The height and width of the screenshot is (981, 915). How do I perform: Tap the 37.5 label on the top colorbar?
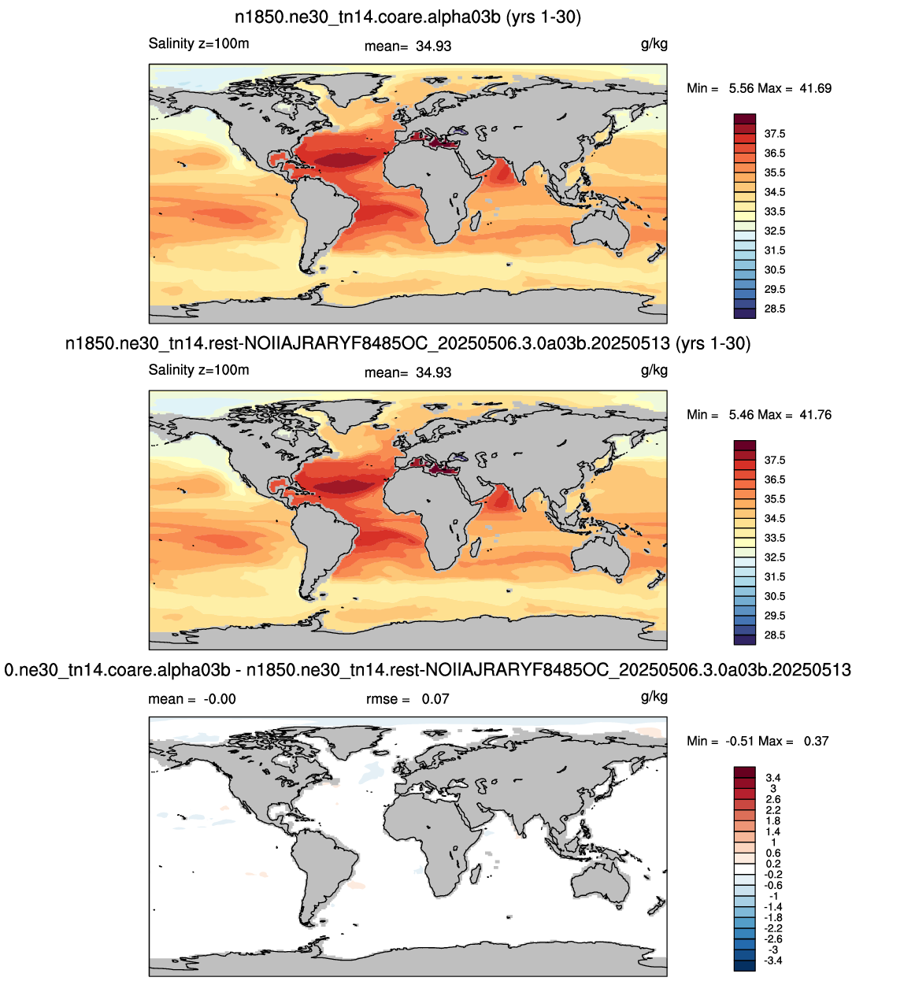pos(775,134)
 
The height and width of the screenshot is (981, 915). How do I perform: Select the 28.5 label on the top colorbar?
pos(775,309)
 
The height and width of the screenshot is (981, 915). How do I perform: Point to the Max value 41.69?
pos(815,88)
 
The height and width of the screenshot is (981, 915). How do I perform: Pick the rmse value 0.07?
pos(435,699)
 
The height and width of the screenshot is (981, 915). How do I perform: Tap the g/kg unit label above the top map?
pos(654,44)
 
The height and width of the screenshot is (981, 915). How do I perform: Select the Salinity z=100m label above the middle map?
pos(198,370)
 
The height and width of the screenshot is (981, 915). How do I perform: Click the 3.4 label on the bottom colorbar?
pos(773,778)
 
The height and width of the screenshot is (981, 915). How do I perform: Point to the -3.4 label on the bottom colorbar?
pos(773,961)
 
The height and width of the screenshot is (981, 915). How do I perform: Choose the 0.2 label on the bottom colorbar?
pos(773,864)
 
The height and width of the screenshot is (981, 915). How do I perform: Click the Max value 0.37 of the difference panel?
pos(816,741)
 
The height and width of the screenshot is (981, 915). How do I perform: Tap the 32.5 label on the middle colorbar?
pos(775,557)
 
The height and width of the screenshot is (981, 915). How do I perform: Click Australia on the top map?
pos(601,231)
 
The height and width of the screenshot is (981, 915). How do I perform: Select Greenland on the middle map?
pos(350,415)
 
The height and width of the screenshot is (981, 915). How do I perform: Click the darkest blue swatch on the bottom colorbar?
pos(745,965)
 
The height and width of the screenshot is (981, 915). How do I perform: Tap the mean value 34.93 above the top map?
pos(433,46)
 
